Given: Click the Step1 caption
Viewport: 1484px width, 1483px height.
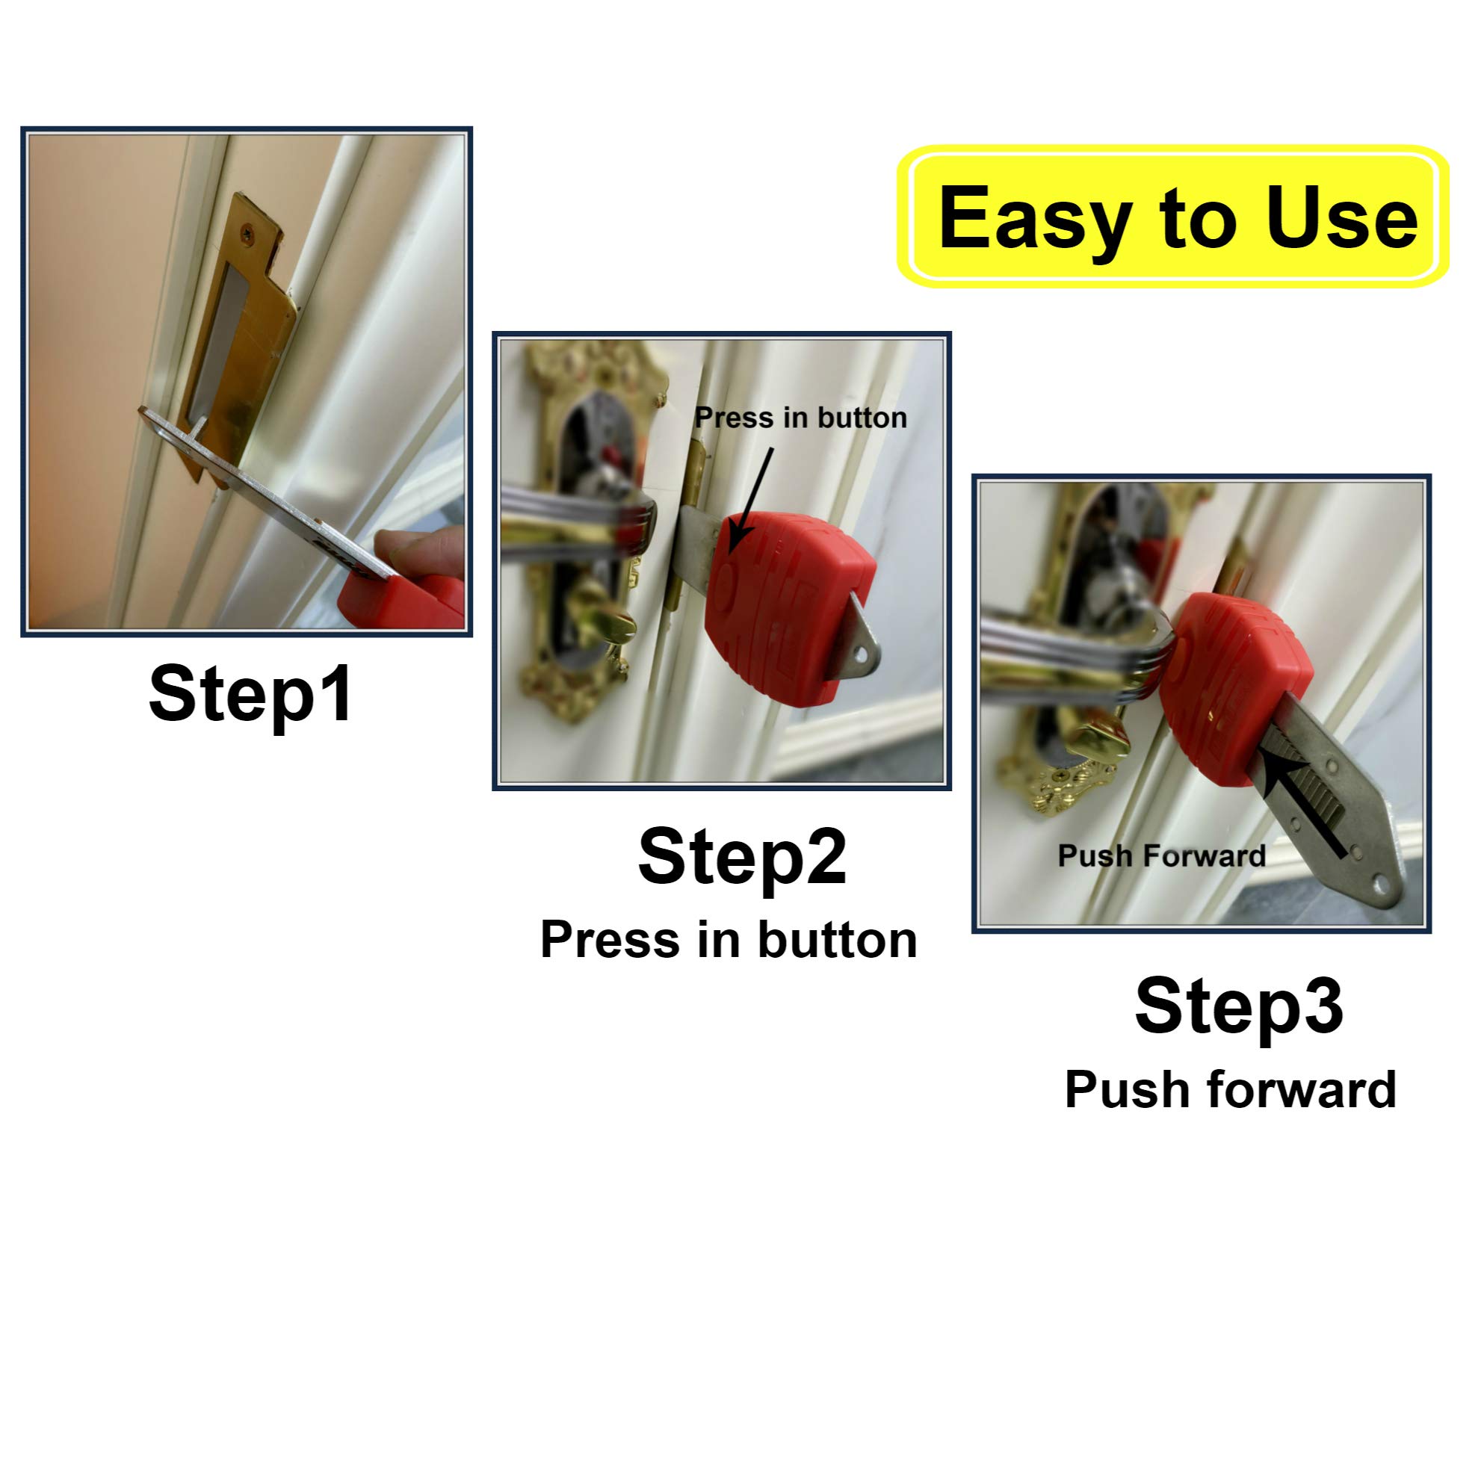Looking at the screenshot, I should tap(250, 694).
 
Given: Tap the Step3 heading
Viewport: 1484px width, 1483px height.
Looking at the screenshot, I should tap(1239, 1006).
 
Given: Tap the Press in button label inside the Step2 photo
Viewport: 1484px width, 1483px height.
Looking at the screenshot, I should tap(800, 418).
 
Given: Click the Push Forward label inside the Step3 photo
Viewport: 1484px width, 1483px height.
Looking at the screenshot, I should tap(1161, 855).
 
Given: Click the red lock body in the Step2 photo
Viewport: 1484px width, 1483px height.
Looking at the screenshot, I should tap(784, 607).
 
